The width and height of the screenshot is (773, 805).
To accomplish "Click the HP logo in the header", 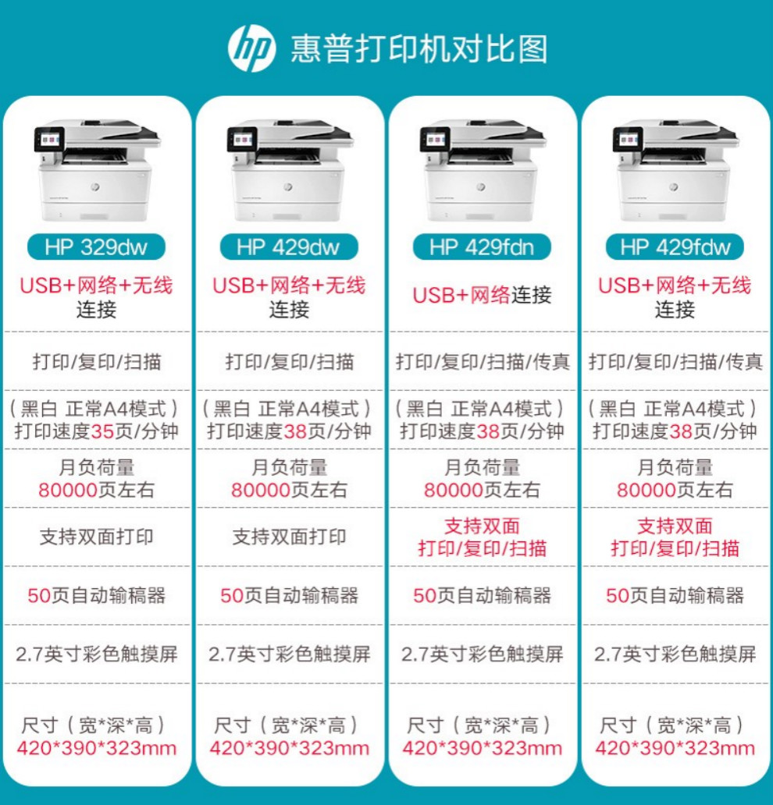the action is (x=251, y=49).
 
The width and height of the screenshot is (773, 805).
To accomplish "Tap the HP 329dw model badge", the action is (x=96, y=247).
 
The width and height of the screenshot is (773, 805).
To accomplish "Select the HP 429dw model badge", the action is (x=289, y=247).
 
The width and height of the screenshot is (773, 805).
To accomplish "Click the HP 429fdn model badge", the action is (x=482, y=247).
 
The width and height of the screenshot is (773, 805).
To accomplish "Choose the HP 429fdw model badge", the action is (x=675, y=247).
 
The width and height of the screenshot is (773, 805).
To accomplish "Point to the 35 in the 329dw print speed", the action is (x=102, y=431).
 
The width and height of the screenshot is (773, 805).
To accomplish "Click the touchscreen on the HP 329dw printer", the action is (x=50, y=140).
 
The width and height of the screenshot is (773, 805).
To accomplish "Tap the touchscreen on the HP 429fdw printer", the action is (x=628, y=140).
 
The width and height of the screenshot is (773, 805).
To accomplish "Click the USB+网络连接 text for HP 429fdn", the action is (x=482, y=295).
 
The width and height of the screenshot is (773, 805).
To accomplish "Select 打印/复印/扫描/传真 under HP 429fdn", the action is (x=483, y=362).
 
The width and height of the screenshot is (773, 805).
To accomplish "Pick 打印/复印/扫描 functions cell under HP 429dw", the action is (x=290, y=362).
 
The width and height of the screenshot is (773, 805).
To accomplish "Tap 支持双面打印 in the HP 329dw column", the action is (x=97, y=537).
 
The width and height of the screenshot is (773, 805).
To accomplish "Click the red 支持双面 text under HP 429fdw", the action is (x=675, y=526).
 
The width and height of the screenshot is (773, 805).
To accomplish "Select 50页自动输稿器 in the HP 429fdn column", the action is (x=482, y=595).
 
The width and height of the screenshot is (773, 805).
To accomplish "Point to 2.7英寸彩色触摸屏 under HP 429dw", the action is (x=290, y=654).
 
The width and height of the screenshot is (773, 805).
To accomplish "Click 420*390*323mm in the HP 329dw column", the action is (x=97, y=748).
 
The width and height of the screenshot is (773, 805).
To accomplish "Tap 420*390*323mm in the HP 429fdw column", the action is (x=675, y=748).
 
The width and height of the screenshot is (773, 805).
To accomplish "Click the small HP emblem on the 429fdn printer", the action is (x=480, y=186).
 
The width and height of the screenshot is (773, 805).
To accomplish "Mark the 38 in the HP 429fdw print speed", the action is (x=681, y=431).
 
